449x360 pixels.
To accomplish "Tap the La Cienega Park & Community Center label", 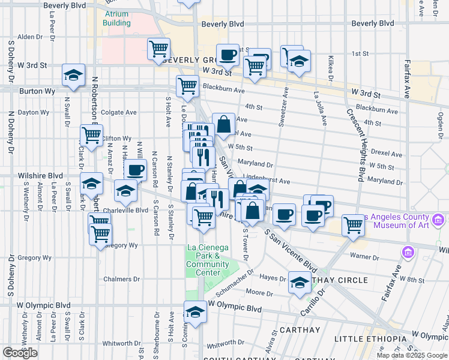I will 207,260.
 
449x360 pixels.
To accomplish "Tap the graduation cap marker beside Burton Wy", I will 73,76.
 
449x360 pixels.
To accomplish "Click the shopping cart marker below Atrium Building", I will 159,49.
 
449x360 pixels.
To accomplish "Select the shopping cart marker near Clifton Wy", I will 92,136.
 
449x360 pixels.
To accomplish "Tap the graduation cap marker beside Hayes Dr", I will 299,283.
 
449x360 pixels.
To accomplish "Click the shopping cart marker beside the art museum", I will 353,226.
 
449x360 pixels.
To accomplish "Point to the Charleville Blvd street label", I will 125,211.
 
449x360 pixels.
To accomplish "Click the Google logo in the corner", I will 20,353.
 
